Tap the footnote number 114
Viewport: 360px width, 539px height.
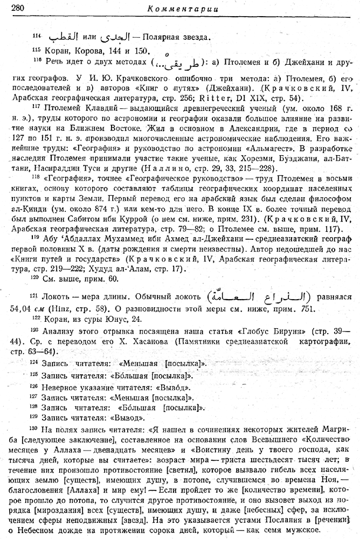click(x=36, y=35)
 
